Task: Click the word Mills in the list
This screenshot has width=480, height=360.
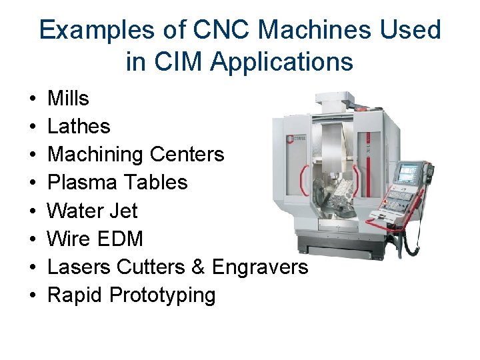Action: click(69, 99)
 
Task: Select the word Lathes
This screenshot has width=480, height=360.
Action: click(79, 127)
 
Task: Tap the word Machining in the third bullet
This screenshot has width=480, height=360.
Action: click(96, 155)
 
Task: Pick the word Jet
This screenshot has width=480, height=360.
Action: click(126, 211)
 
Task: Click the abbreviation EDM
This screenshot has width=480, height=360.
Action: click(124, 239)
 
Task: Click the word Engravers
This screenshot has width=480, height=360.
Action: click(260, 267)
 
